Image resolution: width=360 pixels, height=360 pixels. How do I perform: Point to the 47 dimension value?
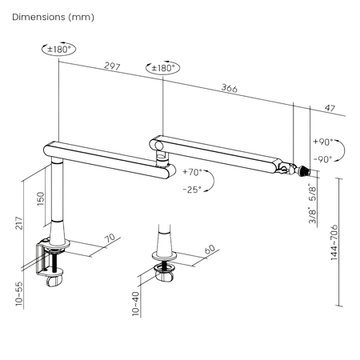click(x=329, y=107)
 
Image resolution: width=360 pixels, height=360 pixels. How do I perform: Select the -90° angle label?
click(x=324, y=159)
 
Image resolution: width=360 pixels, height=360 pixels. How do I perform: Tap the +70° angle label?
click(x=192, y=172)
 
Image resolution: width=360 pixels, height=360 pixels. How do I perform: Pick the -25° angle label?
click(x=191, y=190)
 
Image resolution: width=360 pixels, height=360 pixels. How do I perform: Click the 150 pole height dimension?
click(x=40, y=198)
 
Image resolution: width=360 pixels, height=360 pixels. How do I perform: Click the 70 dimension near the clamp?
click(x=110, y=238)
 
